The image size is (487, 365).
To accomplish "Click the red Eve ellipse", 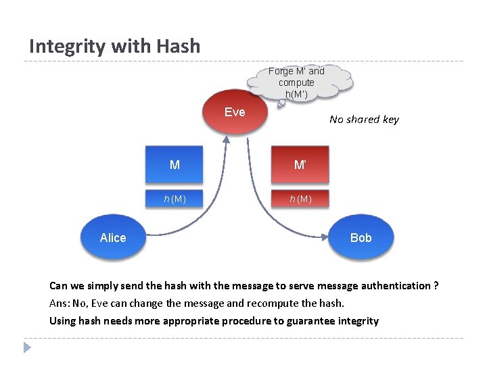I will tap(235, 112).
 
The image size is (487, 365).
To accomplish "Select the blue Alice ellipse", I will tap(113, 237).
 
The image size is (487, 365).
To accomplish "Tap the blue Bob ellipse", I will tap(361, 237).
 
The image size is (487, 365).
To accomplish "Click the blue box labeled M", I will tap(175, 165).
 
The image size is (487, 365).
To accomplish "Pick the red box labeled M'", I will tap(300, 165).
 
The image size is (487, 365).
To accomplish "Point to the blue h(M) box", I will tap(175, 198).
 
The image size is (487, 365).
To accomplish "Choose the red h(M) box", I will tap(300, 198).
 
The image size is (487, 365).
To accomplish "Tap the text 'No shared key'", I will tap(364, 120).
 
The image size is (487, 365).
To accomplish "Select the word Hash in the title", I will tap(178, 47).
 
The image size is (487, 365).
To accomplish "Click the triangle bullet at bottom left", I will tap(27, 347).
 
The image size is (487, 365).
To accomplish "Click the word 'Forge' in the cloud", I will tap(281, 71).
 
